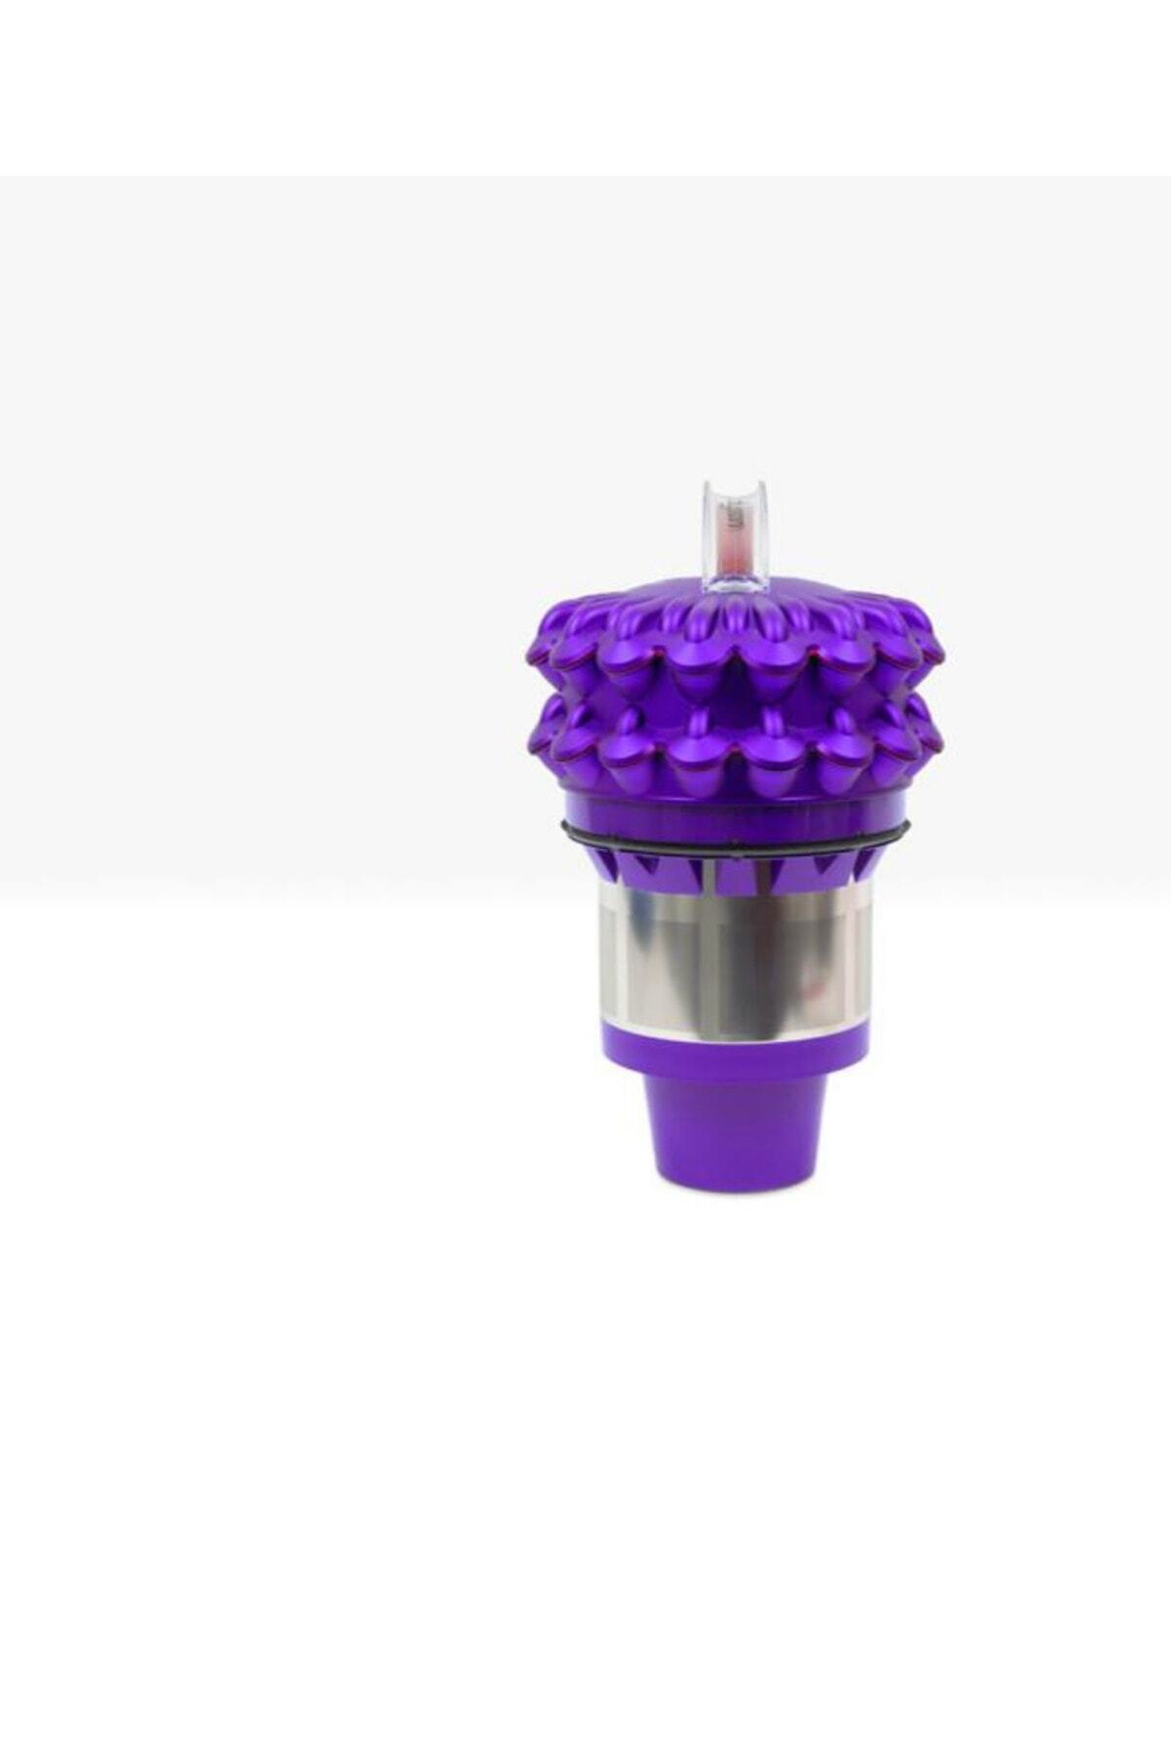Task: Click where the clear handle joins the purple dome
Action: tap(734, 589)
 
